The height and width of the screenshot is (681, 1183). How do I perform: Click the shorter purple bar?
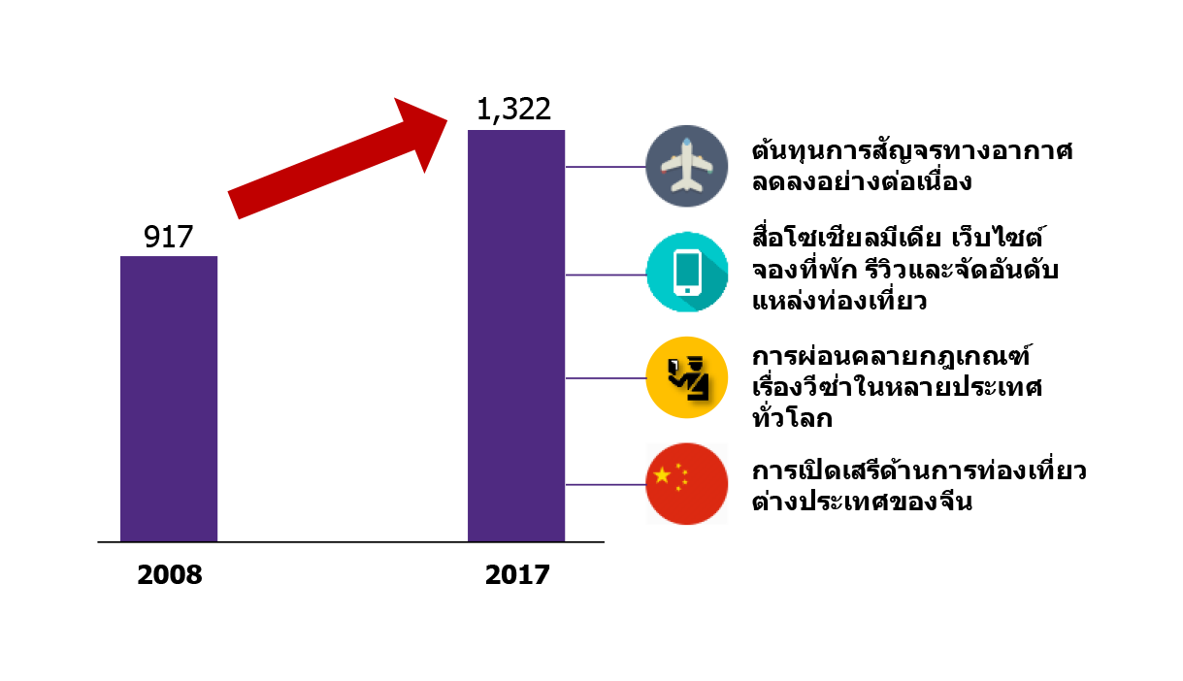[169, 398]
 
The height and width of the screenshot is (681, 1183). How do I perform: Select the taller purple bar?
[516, 335]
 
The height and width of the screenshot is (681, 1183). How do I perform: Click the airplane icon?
[687, 166]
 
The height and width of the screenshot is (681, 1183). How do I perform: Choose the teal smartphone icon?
[687, 272]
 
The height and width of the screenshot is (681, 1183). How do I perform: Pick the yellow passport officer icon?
[687, 377]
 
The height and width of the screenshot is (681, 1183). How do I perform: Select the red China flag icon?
[687, 484]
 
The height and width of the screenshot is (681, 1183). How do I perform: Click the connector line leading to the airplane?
[606, 167]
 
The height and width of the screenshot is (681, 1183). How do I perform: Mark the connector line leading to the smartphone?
[606, 275]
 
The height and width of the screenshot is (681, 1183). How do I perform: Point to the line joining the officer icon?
[606, 377]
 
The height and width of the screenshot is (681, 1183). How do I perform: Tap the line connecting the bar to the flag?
[606, 484]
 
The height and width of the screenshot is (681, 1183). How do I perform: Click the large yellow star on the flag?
[662, 475]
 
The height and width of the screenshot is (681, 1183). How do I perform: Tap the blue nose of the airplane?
[687, 144]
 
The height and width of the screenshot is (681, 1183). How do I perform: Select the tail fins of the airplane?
[687, 185]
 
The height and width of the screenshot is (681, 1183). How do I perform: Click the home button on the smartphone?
[687, 290]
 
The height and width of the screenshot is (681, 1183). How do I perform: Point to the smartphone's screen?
[687, 270]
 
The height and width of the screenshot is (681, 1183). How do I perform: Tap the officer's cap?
[696, 360]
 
